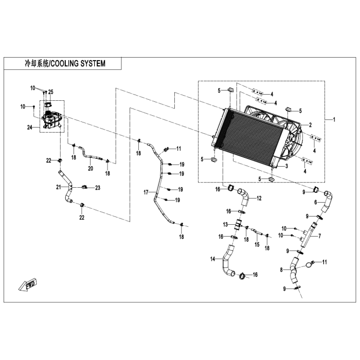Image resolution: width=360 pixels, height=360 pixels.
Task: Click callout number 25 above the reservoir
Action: (51, 92)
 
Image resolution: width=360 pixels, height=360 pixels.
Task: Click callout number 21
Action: (59, 187)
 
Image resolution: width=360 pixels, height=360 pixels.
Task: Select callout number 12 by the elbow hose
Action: (259, 198)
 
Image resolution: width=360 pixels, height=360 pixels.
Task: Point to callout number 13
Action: (225, 225)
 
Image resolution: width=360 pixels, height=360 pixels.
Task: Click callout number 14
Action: (213, 259)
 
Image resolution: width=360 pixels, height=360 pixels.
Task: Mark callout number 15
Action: (257, 245)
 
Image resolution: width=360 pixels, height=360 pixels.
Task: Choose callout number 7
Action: (319, 236)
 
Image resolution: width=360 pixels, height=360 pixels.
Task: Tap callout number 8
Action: (281, 269)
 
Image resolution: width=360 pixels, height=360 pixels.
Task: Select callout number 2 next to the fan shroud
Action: (310, 125)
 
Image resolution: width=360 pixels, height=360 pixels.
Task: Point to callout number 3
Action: (286, 166)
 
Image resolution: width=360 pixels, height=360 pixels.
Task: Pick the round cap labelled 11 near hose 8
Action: (309, 265)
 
